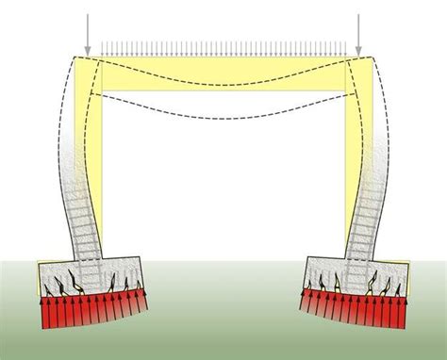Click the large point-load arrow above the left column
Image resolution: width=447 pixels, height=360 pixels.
[86, 33]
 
